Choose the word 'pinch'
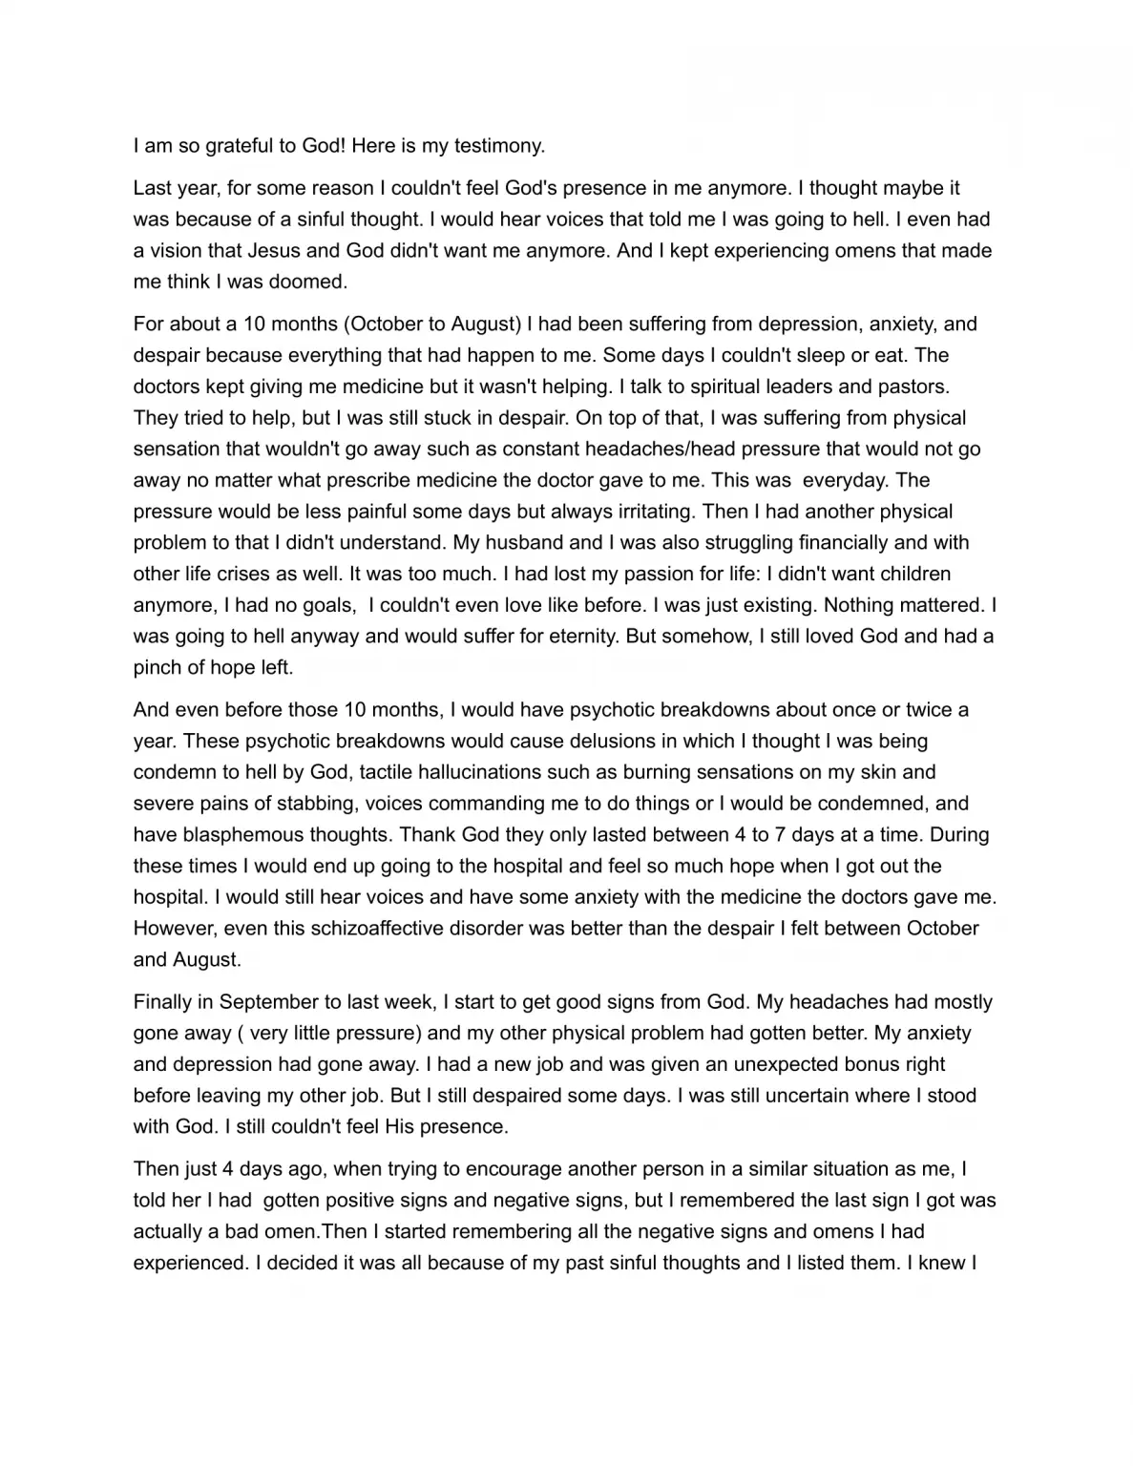click(157, 668)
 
